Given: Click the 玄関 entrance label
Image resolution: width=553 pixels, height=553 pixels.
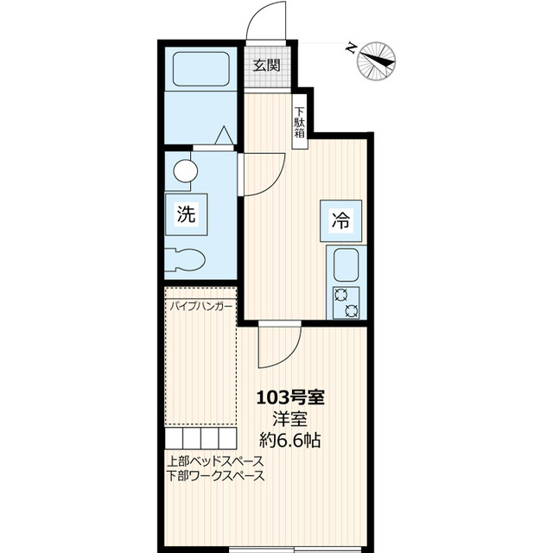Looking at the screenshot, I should (266, 65).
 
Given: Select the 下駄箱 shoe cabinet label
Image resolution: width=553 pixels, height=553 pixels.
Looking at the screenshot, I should (299, 122).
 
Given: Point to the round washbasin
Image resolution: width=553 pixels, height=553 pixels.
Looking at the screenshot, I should (184, 171).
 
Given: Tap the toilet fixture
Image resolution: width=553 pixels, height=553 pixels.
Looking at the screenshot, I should (187, 259).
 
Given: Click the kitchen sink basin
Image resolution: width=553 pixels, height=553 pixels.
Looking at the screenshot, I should (346, 264).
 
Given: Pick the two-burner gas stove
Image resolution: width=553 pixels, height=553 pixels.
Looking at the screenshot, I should (346, 302).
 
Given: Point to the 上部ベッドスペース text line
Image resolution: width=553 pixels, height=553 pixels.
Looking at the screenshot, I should (215, 461).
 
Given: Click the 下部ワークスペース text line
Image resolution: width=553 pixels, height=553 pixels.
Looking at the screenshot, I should (215, 476).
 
